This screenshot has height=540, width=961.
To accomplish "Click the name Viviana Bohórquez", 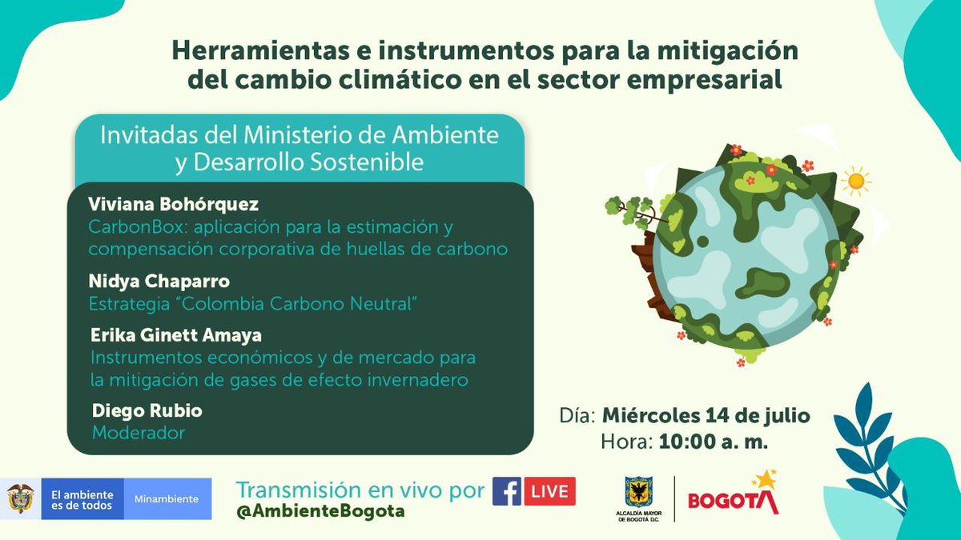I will [x=174, y=204].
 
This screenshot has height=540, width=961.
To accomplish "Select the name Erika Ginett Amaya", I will [x=175, y=334].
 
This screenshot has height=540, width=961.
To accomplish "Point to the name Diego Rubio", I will [x=147, y=410].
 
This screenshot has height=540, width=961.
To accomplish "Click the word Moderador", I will [x=139, y=433].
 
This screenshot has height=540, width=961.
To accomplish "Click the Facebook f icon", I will [x=507, y=491].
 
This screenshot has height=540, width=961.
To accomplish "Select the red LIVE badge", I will [x=549, y=491].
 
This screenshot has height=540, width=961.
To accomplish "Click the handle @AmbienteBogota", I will [x=320, y=510].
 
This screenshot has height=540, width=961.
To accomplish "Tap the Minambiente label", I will [x=167, y=498].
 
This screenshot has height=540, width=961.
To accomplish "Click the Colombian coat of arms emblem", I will [x=21, y=498].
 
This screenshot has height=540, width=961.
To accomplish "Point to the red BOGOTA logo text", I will [x=733, y=501].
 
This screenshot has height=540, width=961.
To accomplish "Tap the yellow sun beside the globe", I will [x=855, y=181].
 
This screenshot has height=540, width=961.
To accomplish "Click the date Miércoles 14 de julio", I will [x=705, y=416].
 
